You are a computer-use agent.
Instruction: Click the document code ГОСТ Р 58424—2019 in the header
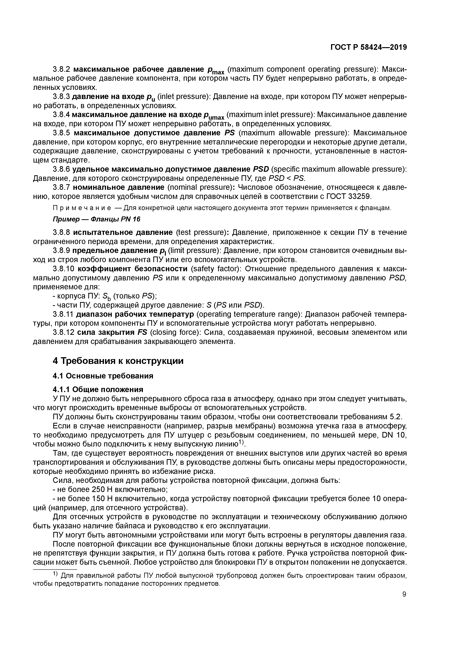pyautogui.click(x=369, y=47)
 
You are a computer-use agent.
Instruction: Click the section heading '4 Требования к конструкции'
pyautogui.click(x=118, y=361)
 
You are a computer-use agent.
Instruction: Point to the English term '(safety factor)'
pyautogui.click(x=216, y=269)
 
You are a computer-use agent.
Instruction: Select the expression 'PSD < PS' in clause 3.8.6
pyautogui.click(x=286, y=179)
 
